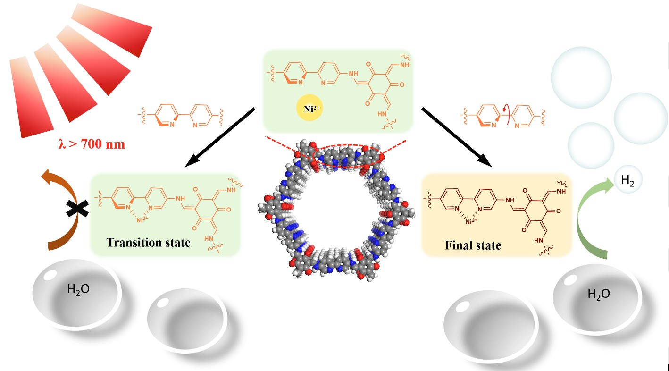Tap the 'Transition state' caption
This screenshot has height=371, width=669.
(148, 243)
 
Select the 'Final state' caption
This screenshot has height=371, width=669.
(473, 246)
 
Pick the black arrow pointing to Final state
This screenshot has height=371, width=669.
(456, 137)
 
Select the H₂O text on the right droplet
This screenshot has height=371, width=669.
(599, 294)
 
